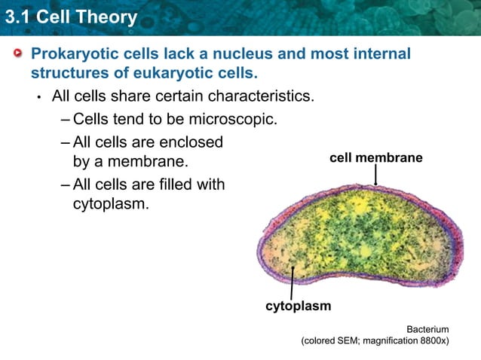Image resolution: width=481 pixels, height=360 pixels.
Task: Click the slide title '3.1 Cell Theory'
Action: coord(69,16)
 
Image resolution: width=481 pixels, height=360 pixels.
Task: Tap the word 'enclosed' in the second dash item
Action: coord(191,142)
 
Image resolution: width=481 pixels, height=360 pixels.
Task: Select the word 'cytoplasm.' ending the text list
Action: coord(111,204)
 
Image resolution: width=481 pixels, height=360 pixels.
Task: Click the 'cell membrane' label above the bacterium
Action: coord(375,158)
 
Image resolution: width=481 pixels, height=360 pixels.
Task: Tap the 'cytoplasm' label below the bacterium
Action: coord(298,307)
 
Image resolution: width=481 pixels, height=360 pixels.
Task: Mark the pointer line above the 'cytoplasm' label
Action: coord(292,284)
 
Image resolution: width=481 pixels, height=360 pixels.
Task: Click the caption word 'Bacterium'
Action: coord(427,329)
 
